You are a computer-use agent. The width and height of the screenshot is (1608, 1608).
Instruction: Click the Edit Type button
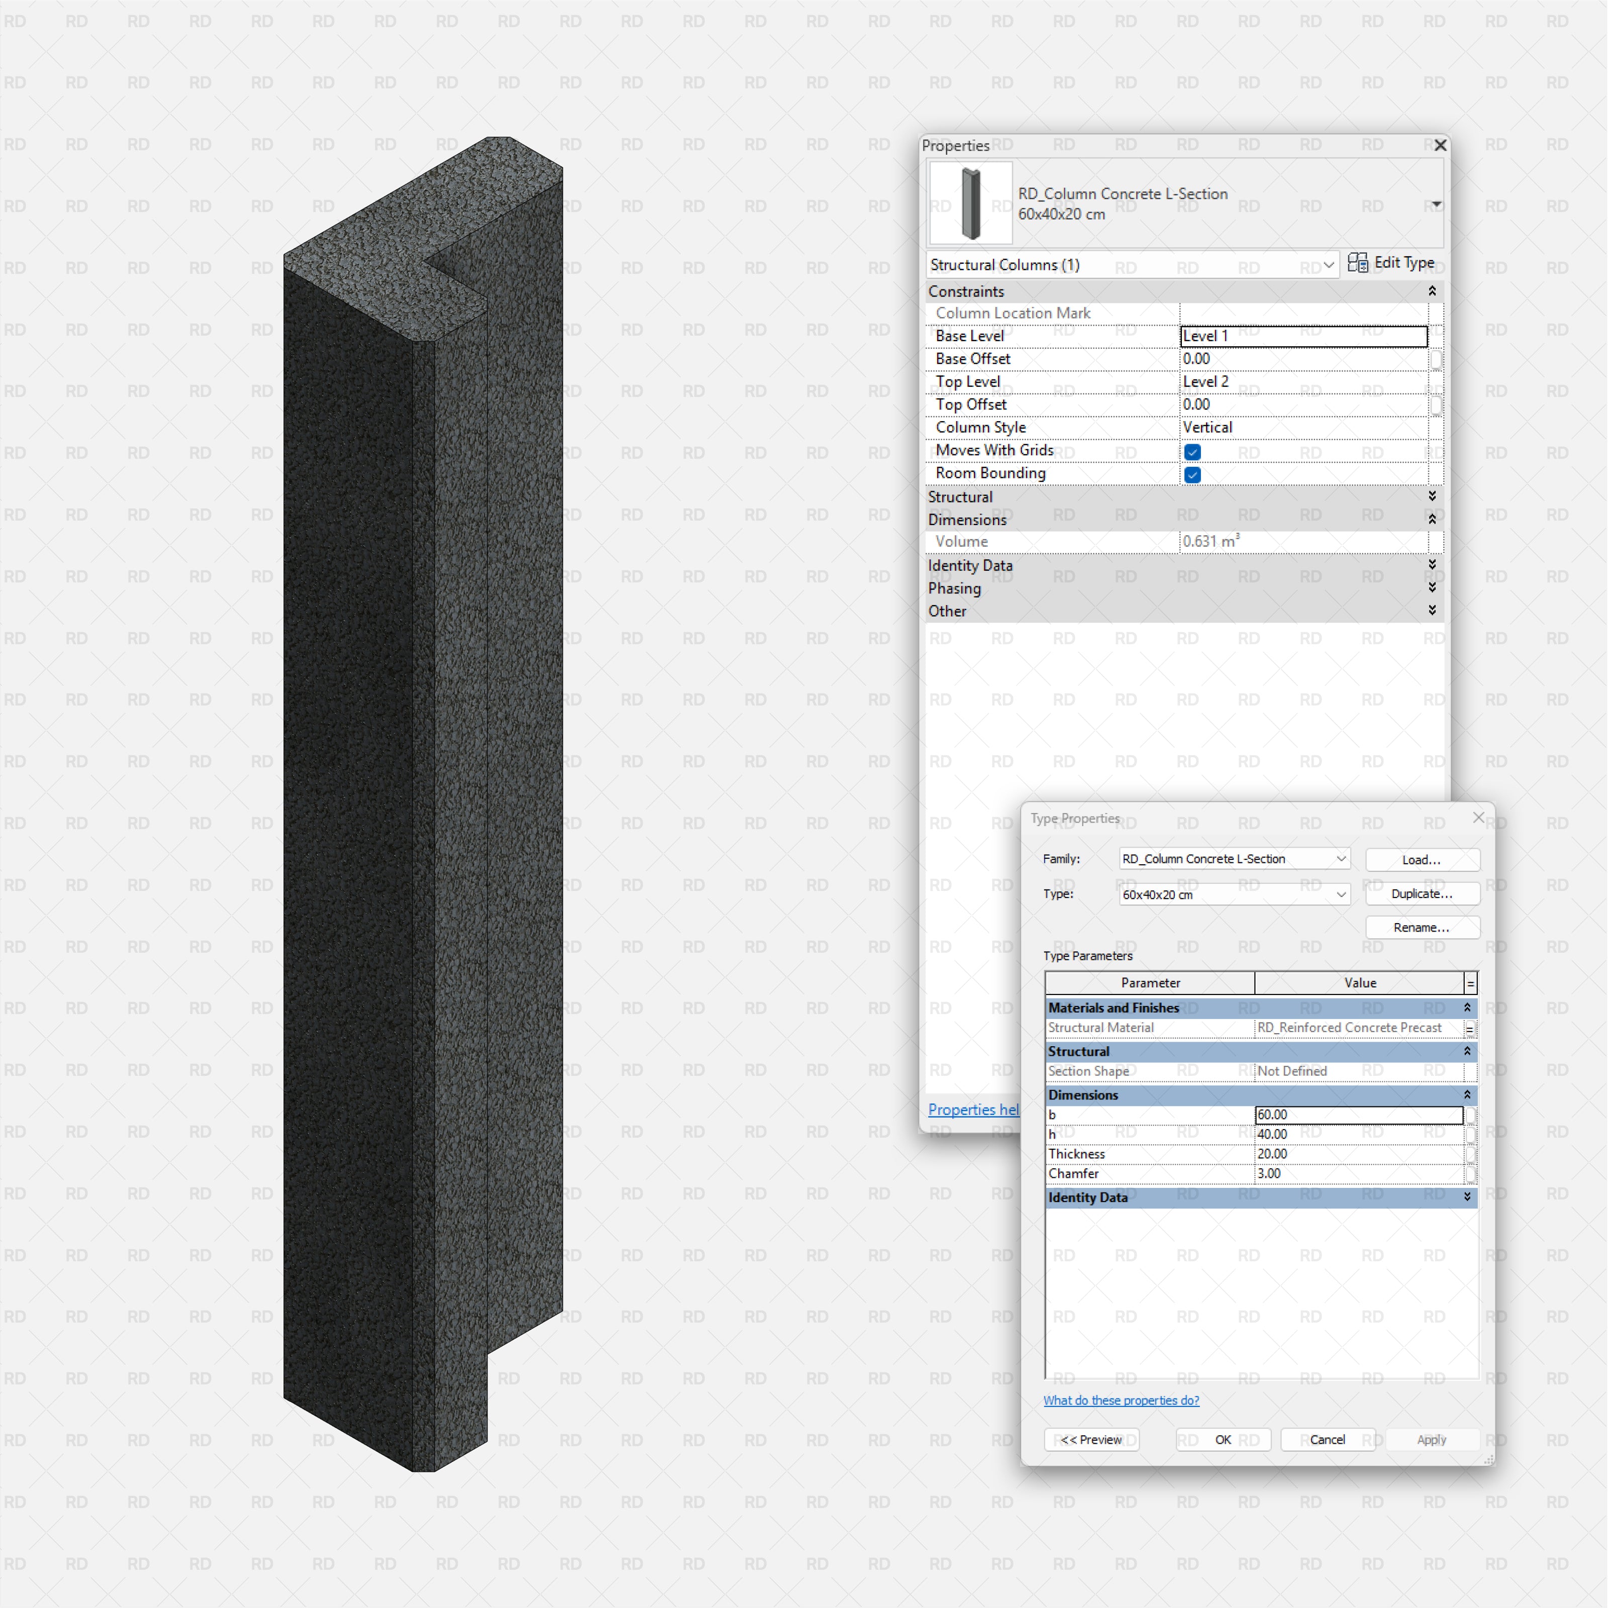point(1391,263)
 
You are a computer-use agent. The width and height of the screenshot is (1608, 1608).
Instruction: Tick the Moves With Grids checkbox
point(1192,452)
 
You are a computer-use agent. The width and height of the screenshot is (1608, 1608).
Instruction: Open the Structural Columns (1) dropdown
point(1132,265)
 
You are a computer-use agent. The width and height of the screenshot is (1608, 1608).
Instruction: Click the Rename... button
point(1422,927)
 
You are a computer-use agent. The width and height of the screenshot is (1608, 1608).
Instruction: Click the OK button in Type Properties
point(1223,1440)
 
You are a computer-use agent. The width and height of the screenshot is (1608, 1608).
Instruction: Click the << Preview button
point(1091,1440)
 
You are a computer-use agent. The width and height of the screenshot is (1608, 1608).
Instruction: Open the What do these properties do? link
point(1121,1401)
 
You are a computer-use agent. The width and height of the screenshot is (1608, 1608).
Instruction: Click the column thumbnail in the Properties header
point(970,203)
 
